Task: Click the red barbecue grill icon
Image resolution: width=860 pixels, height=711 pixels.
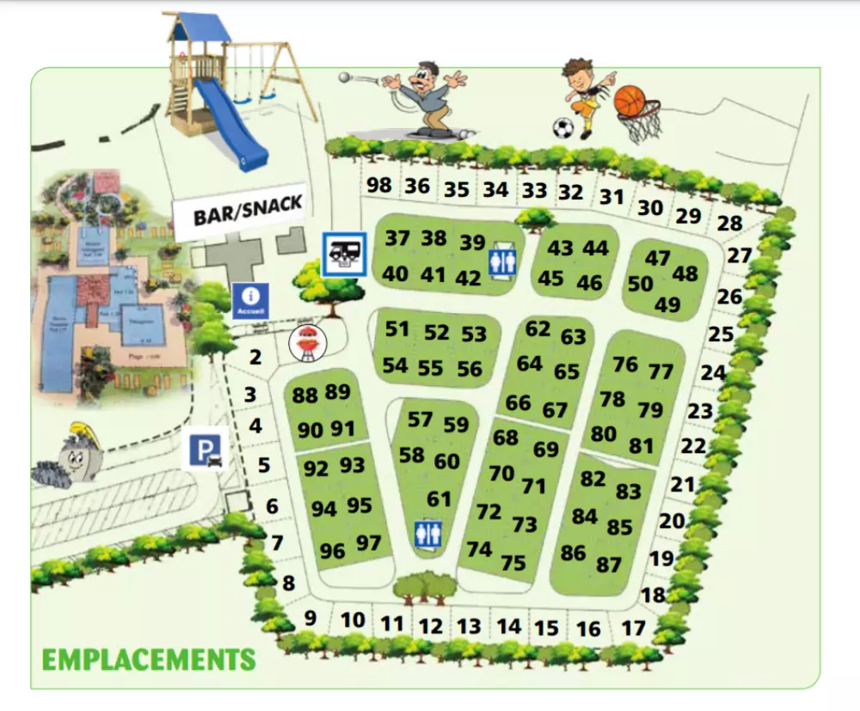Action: [x=304, y=344]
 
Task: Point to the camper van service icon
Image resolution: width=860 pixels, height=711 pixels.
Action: [x=344, y=254]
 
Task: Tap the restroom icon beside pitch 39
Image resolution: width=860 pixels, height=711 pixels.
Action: [x=502, y=261]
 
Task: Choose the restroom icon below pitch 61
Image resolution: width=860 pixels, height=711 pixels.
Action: [x=427, y=534]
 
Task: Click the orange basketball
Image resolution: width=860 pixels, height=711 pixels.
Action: [x=630, y=101]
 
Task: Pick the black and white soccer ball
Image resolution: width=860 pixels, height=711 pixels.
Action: [x=563, y=128]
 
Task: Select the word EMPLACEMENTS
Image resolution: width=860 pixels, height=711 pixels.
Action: [x=149, y=660]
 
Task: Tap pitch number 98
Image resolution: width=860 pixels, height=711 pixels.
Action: [x=378, y=185]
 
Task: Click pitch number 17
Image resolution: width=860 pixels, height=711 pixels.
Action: [x=633, y=628]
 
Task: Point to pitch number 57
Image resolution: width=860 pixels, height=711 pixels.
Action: [x=420, y=420]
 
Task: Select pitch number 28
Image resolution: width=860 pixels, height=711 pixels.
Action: [x=729, y=224]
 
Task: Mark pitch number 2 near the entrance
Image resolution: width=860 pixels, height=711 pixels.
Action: [x=255, y=358]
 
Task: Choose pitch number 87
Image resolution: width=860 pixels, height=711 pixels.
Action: [x=609, y=565]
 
